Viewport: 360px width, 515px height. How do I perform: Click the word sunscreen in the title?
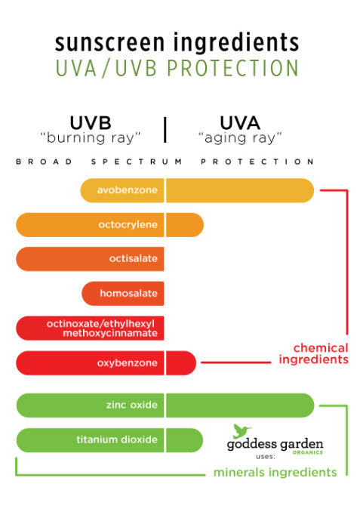109,43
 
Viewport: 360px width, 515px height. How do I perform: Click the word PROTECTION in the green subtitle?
232,68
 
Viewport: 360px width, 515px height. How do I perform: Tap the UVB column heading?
91,123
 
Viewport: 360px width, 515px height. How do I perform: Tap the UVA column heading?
240,123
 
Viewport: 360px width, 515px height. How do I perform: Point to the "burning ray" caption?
91,138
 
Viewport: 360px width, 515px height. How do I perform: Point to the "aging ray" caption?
240,138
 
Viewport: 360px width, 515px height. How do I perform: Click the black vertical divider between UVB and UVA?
165,130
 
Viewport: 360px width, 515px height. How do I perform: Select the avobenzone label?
128,190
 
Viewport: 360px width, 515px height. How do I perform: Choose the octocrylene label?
128,225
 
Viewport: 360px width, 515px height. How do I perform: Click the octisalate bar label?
134,259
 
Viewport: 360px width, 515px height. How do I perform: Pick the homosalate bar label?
128,293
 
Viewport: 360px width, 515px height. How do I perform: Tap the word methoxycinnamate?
110,333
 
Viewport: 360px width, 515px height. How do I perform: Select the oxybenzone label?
128,363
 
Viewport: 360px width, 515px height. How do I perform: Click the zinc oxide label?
132,405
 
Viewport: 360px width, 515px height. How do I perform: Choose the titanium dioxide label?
117,439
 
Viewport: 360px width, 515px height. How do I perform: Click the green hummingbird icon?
242,431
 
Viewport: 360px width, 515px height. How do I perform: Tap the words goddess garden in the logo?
275,444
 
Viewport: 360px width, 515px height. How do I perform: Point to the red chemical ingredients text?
314,353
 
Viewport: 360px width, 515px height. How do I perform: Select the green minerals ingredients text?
275,473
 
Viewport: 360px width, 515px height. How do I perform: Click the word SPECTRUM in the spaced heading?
137,162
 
